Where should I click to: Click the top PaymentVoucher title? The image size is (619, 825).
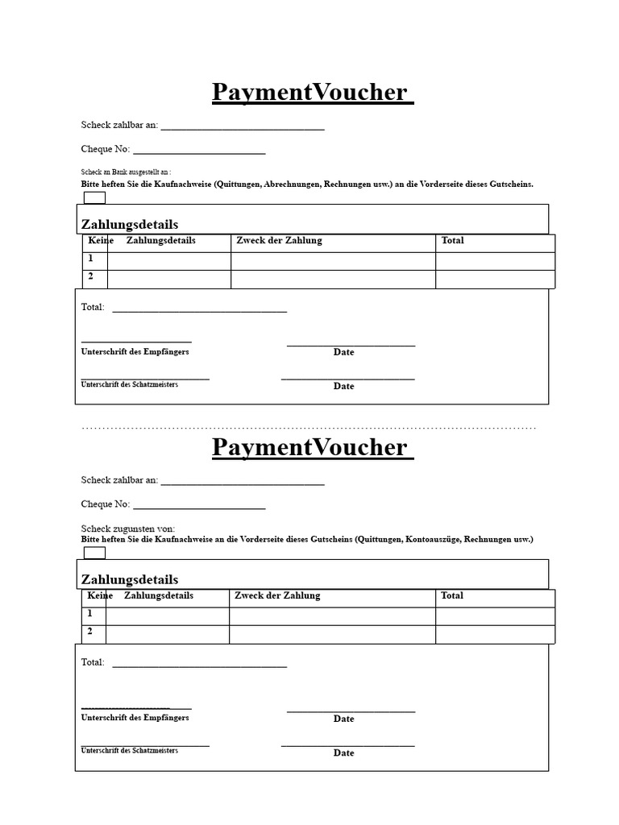coord(312,93)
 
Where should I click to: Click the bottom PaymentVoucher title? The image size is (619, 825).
coord(312,447)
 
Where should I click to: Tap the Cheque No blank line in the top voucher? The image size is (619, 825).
coord(199,152)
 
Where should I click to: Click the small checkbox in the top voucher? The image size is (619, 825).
coord(94,198)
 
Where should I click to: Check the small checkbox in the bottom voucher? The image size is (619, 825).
coord(94,553)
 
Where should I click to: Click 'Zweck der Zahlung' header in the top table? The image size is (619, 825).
coord(279,241)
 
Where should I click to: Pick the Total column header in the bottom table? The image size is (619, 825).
coord(452,595)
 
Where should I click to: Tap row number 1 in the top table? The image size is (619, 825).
coord(91,259)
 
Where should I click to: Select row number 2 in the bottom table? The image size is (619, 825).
coord(91,632)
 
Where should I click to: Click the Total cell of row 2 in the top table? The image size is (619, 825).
coord(495,279)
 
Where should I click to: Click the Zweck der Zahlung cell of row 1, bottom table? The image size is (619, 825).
coord(332,616)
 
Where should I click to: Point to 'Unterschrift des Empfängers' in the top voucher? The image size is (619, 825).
coord(135,352)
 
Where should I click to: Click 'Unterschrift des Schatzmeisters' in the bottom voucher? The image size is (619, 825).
coord(130,750)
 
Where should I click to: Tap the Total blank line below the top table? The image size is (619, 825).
coord(199,310)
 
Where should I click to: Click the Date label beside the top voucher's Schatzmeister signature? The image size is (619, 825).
coord(344,386)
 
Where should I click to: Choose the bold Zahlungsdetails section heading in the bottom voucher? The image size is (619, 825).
coord(130,579)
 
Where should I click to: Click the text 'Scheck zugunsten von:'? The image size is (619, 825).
coord(128,529)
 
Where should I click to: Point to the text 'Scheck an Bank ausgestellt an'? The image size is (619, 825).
coord(126,172)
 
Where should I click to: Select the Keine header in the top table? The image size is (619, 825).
coord(101,241)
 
